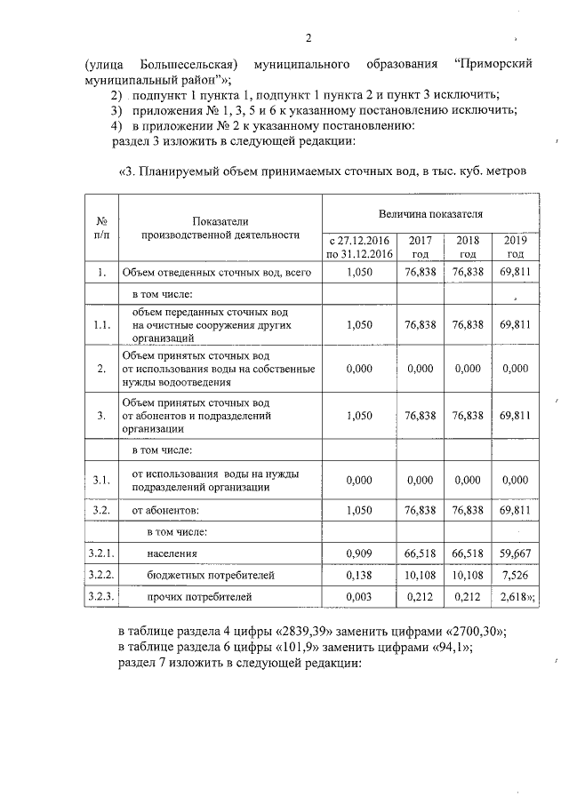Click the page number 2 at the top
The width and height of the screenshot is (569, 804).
click(309, 38)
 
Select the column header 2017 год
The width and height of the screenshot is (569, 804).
click(420, 247)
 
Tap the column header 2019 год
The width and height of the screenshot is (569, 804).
click(515, 247)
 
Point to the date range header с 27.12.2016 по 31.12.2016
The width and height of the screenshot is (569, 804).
click(359, 247)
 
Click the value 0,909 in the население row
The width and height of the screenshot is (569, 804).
click(359, 553)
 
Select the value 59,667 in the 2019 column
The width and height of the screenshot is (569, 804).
click(515, 553)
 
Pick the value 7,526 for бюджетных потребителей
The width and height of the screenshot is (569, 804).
click(515, 575)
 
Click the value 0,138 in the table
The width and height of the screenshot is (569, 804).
click(359, 575)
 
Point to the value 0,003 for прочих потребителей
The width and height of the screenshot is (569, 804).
click(359, 597)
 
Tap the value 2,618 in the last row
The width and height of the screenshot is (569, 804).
click(513, 597)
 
